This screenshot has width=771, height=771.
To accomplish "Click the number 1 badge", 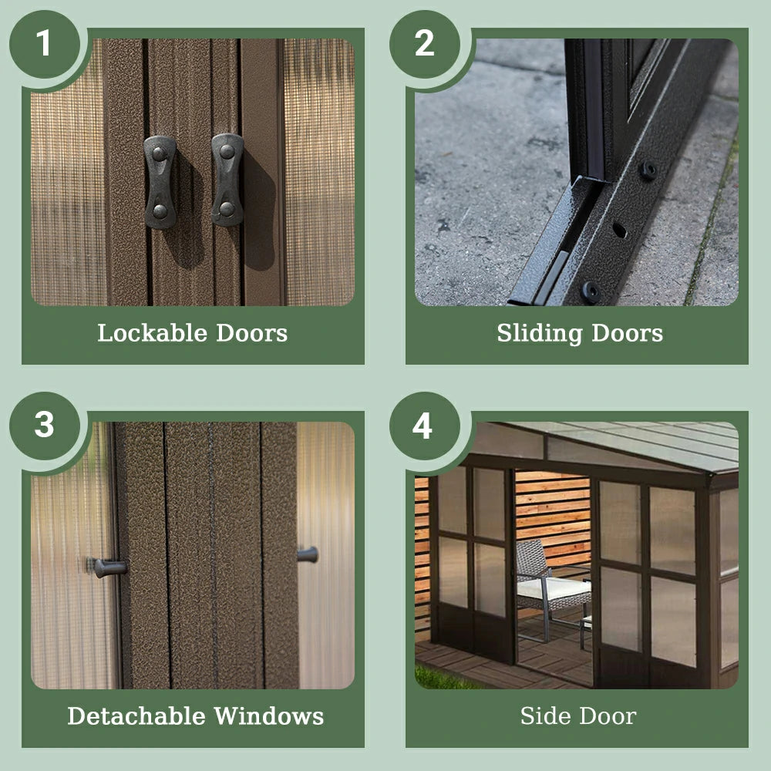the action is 45,44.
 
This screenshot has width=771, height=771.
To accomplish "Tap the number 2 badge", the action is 425,44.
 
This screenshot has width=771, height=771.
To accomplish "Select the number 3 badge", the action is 45,426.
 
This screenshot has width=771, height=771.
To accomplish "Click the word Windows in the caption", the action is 269,716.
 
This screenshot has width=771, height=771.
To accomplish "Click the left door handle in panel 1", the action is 160,183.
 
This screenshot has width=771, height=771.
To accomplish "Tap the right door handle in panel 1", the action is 227,180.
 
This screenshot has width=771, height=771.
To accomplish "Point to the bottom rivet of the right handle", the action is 227,209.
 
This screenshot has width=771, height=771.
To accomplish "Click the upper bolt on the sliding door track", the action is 648,170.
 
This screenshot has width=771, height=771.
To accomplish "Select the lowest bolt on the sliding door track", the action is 591,292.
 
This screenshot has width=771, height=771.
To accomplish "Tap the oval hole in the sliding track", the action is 620,230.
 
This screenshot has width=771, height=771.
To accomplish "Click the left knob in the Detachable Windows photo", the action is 108,567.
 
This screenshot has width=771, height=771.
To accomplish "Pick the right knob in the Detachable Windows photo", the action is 308,554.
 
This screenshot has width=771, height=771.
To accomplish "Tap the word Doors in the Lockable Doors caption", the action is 252,333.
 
